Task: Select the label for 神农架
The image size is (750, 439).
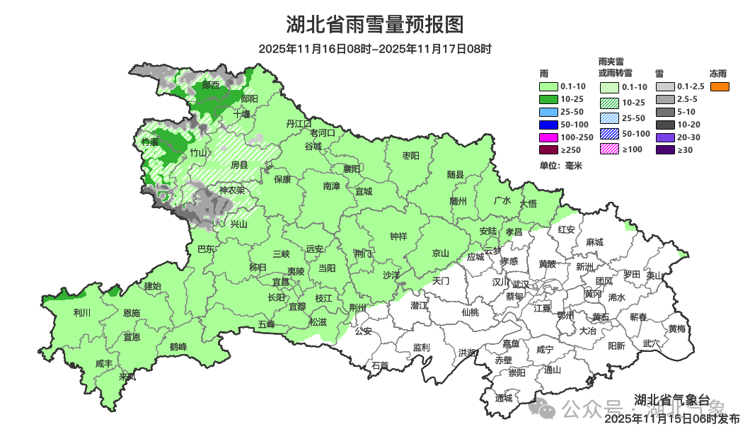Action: point(231,190)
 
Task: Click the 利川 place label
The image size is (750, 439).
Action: point(82,312)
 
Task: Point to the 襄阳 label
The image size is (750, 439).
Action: point(352,169)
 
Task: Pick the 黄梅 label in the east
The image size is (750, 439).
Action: point(676,329)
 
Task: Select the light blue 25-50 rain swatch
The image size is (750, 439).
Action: point(549,112)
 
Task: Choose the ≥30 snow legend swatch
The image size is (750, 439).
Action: point(664,149)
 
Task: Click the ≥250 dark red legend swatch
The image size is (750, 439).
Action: point(549,149)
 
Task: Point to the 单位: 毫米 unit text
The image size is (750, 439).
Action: point(560,166)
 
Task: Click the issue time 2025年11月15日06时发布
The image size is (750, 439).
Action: point(671,418)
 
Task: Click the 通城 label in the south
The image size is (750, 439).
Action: point(504,398)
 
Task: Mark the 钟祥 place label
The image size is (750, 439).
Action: point(399,237)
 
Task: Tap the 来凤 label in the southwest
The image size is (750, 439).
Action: point(127,376)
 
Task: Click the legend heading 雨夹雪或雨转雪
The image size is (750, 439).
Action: point(616,67)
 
